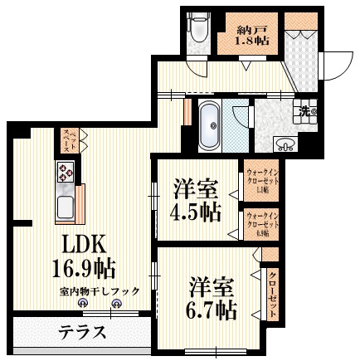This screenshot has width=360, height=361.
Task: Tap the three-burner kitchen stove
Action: point(66,173)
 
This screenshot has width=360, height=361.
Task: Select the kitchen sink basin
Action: point(63,203)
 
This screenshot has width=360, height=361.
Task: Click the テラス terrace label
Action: point(82,333)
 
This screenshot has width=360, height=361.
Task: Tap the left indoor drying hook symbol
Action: point(83,305)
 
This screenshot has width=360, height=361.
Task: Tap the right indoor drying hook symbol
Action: point(116,305)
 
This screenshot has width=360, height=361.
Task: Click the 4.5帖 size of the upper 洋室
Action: point(197,211)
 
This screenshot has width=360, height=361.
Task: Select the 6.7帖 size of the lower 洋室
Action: point(212,310)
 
